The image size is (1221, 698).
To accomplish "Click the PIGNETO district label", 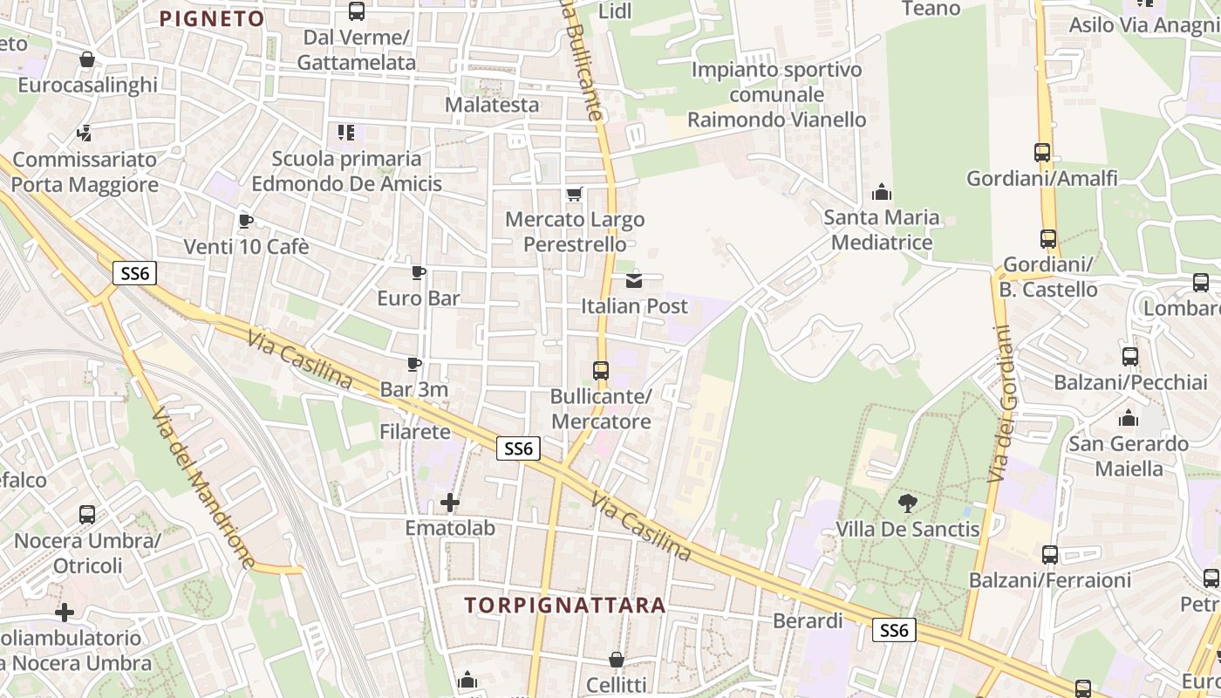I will pos(212,19).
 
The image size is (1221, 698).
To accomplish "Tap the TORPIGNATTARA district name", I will pos(565,605).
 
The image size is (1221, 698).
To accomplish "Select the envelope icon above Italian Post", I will pos(634,280).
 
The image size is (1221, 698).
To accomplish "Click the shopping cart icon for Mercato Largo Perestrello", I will pos(574,194).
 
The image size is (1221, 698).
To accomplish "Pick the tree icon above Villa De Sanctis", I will pos(908,503).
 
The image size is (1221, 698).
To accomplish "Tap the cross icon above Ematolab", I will pos(450,502).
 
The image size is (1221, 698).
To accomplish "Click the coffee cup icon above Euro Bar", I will pos(419,272).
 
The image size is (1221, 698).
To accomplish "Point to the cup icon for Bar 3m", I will pos(414,363).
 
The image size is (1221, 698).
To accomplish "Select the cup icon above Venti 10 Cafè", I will pos(246,221).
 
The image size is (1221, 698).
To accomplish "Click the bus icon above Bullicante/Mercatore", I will pos(601,370).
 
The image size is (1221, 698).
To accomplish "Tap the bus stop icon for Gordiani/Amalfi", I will pos(1042,152).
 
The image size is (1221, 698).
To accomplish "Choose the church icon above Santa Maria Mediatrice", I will pos(882,191).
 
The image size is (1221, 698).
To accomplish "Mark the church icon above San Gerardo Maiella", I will pos(1129,418).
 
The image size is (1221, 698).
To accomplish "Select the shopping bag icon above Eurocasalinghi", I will pos(87,59).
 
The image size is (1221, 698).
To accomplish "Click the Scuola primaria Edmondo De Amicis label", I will pos(346,171).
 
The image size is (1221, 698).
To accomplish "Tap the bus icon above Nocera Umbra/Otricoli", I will pos(87,514).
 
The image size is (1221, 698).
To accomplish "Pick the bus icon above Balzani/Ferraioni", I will pos(1050,554).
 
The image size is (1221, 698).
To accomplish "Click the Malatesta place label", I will pos(492,105).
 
